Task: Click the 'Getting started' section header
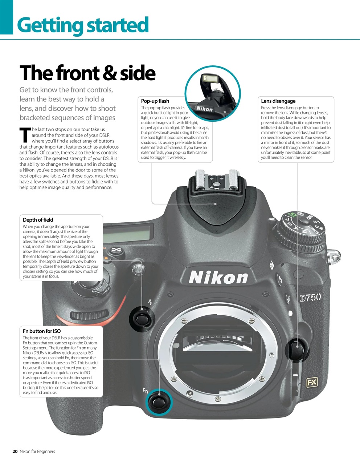[83, 25]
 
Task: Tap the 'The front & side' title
[87, 73]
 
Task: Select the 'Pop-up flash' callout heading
[155, 101]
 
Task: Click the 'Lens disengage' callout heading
[278, 101]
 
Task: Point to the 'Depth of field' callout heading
[38, 220]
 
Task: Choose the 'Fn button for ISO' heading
[42, 331]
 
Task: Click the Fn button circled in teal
[159, 402]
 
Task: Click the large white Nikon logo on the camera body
[218, 278]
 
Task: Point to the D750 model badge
[310, 298]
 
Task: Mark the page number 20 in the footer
[15, 452]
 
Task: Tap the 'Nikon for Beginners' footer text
[37, 452]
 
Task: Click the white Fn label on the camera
[145, 391]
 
